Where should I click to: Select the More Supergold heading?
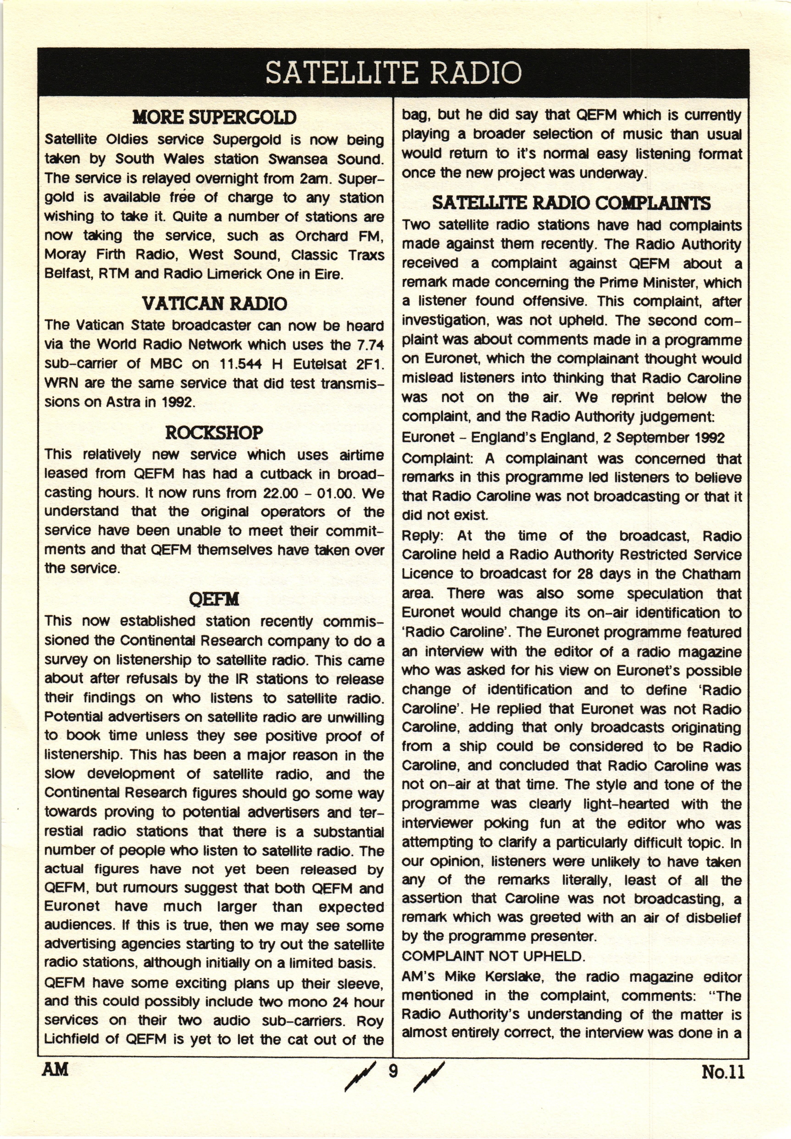coord(214,117)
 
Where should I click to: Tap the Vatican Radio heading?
coord(214,303)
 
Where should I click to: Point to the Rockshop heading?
coord(214,433)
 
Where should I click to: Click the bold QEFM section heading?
coord(214,600)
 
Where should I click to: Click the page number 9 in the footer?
coord(393,1071)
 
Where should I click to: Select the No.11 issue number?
coord(723,1072)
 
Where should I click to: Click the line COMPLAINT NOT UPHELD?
coord(493,956)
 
